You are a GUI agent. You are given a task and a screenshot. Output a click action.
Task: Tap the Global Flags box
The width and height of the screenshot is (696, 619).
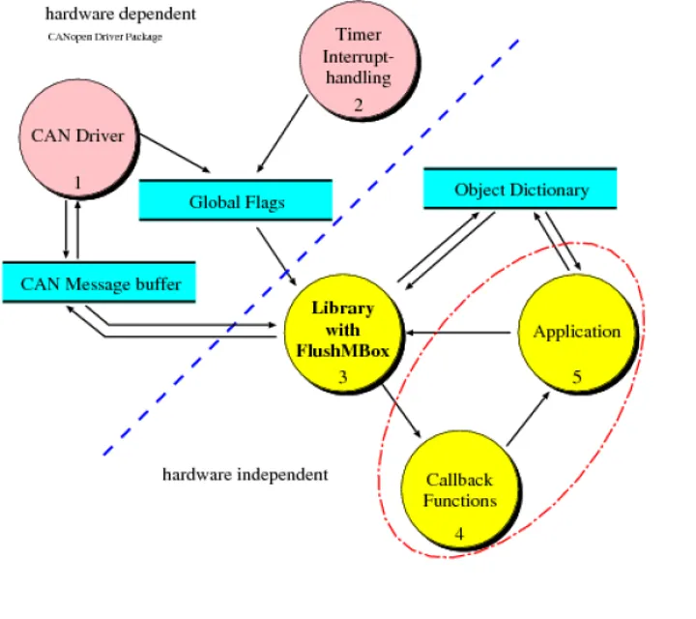click(236, 201)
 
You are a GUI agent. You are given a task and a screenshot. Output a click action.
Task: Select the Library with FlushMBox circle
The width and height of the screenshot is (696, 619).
click(342, 334)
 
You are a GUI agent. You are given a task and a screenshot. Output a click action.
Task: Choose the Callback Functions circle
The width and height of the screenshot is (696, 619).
click(460, 489)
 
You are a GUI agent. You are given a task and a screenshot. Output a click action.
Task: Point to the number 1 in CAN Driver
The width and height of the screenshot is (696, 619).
click(77, 181)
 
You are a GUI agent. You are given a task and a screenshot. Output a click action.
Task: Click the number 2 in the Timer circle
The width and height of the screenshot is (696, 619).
click(358, 105)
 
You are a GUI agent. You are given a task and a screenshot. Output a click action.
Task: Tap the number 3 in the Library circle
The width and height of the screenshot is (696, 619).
click(342, 377)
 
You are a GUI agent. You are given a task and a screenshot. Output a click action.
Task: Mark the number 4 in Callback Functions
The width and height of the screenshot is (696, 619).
click(459, 532)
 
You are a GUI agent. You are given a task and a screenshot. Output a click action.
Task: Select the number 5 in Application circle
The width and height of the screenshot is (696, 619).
click(577, 376)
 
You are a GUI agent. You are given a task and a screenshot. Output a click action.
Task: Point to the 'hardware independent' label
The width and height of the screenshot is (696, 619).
click(245, 475)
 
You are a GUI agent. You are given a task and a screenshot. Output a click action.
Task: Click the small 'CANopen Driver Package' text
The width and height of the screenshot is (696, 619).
click(104, 37)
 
